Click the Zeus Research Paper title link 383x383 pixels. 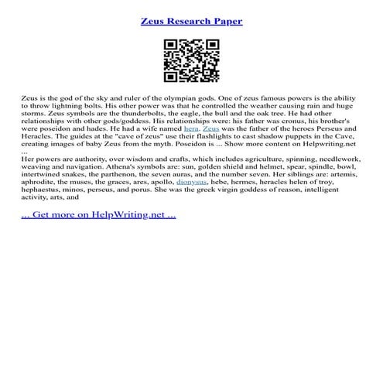pos(191,21)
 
